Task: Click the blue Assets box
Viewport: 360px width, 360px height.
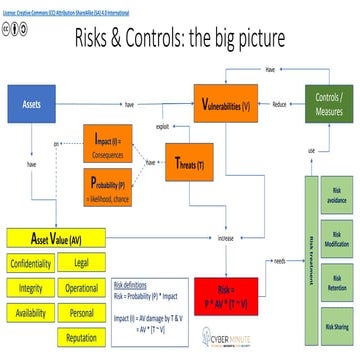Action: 31,102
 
